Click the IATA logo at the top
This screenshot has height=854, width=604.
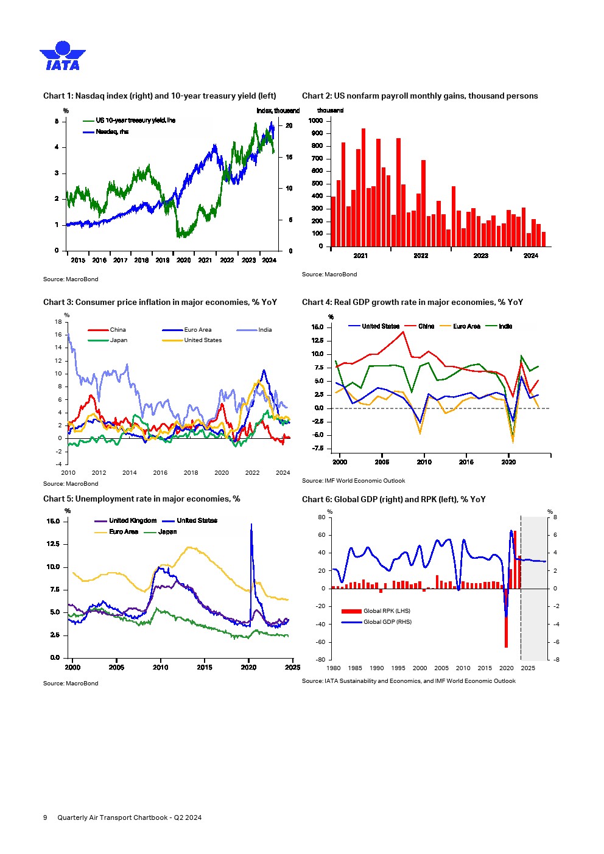click(x=62, y=56)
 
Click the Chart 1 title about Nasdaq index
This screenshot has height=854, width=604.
click(x=160, y=96)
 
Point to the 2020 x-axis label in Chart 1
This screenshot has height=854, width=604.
click(x=183, y=261)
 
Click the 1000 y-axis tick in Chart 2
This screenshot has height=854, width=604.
click(x=315, y=121)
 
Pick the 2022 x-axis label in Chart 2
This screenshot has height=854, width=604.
click(x=421, y=256)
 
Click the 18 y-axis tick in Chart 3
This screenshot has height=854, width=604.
click(x=58, y=321)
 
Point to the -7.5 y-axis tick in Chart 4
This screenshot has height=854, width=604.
click(x=317, y=449)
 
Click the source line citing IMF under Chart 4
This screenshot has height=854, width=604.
click(x=353, y=481)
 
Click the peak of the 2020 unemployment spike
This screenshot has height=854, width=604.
click(x=251, y=525)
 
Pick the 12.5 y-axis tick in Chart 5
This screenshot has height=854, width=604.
click(x=53, y=544)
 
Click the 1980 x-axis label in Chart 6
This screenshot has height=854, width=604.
click(x=334, y=668)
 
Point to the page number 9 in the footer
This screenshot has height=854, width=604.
click(x=45, y=817)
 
